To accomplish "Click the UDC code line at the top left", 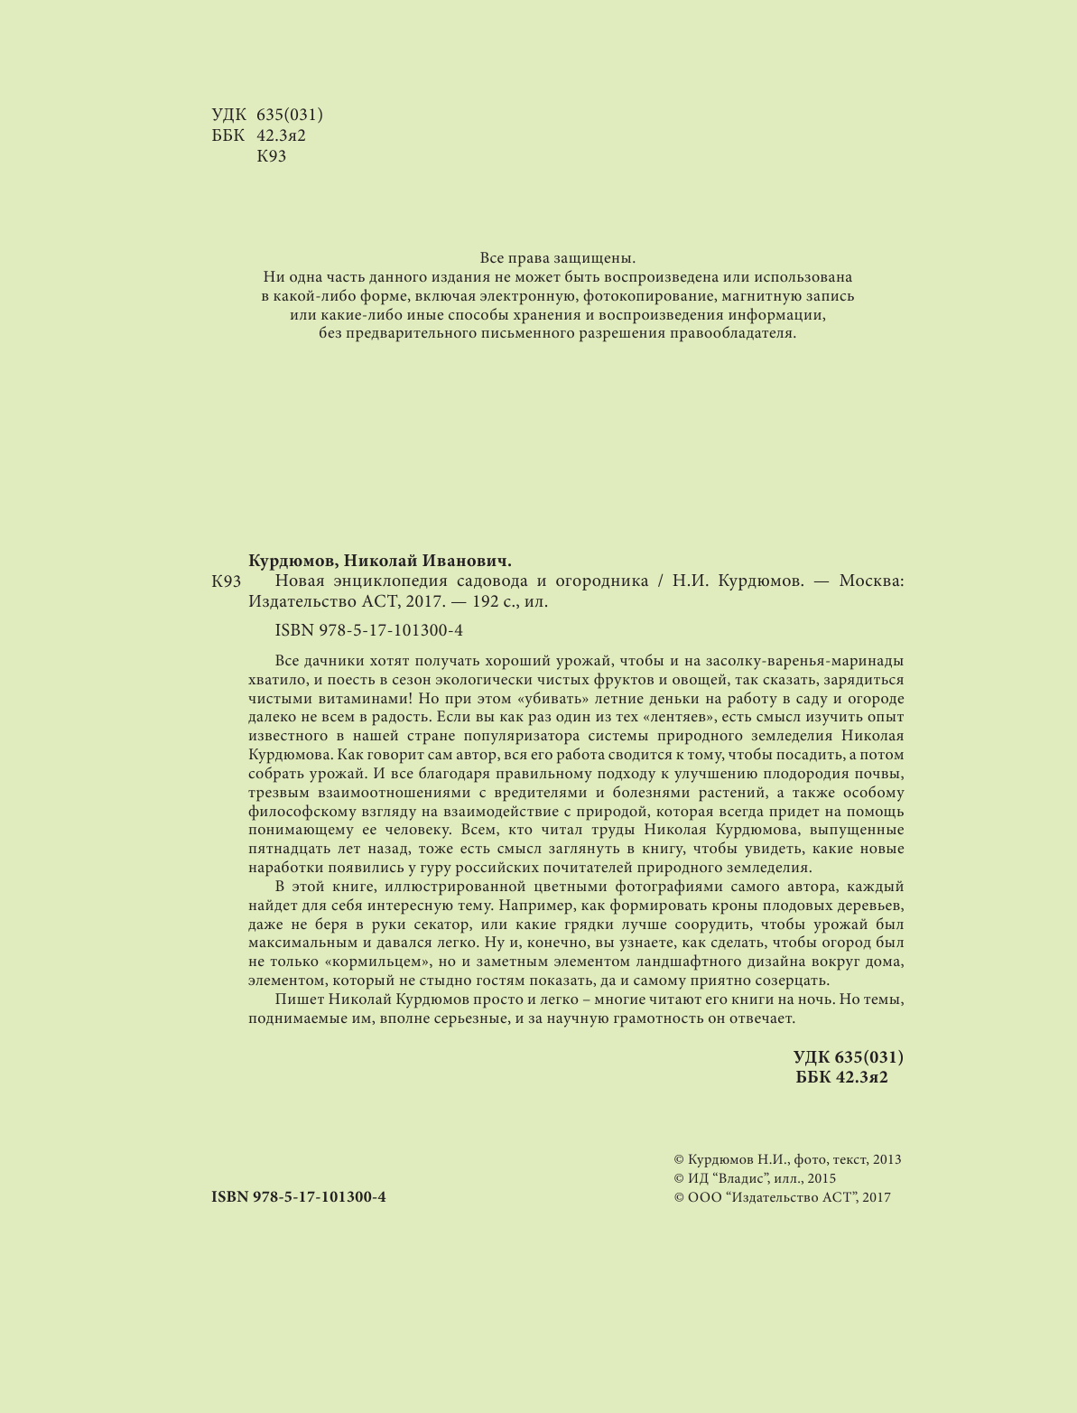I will (267, 115).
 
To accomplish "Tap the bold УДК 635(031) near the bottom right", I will (848, 1057).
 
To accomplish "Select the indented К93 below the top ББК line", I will (272, 156).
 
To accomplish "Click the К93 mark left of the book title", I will (227, 581).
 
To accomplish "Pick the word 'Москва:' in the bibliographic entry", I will (871, 581).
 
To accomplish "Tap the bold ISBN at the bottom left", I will (299, 1197).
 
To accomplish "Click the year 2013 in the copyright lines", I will (887, 1160).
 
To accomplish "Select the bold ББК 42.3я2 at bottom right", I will (842, 1077).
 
